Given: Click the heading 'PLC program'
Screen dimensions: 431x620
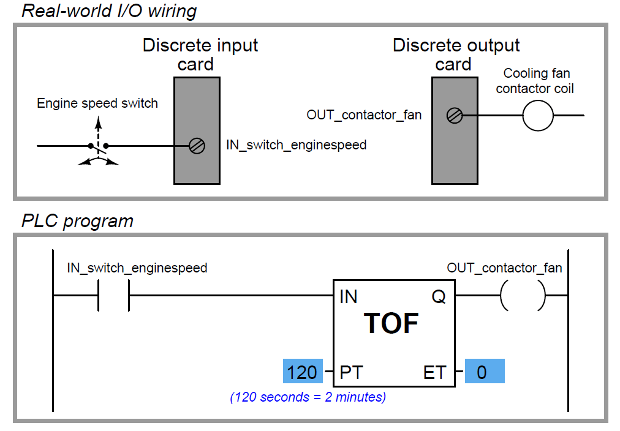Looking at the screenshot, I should [x=77, y=221].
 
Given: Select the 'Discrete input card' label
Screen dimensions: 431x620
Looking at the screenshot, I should [x=200, y=54].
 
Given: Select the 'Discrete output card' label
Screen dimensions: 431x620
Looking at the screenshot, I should [x=456, y=54].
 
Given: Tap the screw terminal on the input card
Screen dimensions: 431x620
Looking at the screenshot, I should [x=197, y=146].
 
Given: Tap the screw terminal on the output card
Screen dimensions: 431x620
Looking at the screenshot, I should [x=454, y=115].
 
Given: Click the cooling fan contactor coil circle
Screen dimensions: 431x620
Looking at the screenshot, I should [x=537, y=115].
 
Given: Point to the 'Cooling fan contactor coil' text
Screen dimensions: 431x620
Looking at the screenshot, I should [x=535, y=81].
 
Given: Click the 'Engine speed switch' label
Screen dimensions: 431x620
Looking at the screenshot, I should [x=97, y=103].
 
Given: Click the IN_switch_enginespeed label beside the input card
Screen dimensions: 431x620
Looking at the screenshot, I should [x=296, y=145].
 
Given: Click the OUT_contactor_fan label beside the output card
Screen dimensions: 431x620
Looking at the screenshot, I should [x=364, y=114].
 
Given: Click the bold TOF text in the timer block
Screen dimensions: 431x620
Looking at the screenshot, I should [x=392, y=323].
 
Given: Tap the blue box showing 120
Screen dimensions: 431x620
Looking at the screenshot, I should [x=303, y=372].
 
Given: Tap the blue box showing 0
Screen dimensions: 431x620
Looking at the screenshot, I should [x=484, y=372].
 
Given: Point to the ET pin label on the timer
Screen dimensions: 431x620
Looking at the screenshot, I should [x=434, y=372].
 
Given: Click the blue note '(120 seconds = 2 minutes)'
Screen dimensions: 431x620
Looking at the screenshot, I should [x=308, y=397].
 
